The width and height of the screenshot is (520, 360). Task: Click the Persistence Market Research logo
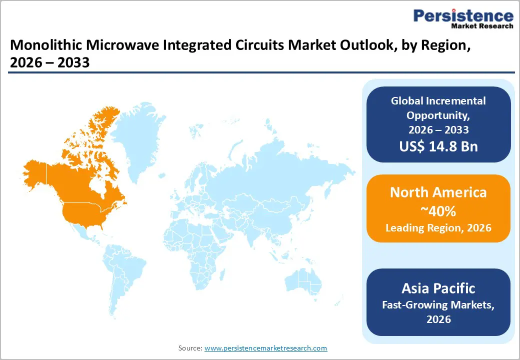click(x=463, y=19)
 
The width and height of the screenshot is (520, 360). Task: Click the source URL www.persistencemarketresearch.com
click(x=265, y=347)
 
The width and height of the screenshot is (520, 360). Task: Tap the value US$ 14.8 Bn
click(x=438, y=146)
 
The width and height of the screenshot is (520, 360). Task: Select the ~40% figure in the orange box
click(x=438, y=211)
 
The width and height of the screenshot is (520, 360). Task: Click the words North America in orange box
click(x=438, y=192)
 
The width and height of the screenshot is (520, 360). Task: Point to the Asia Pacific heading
click(x=438, y=288)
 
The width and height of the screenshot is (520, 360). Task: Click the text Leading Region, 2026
click(x=438, y=228)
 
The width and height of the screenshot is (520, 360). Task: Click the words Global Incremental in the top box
click(x=438, y=100)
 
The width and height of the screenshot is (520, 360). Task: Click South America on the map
click(x=122, y=275)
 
